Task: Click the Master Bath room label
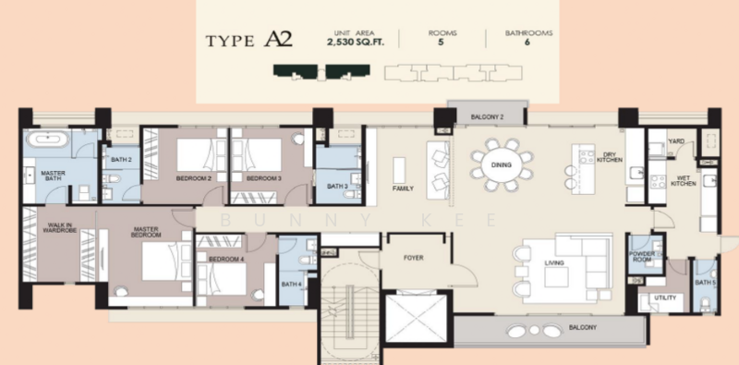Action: click(53, 176)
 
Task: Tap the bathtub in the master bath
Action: click(47, 140)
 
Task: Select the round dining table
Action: click(502, 165)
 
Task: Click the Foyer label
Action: click(413, 258)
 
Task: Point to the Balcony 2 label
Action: click(487, 117)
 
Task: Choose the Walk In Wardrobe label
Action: click(59, 227)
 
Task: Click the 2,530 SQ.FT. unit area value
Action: click(356, 42)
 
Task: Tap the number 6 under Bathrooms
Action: click(527, 42)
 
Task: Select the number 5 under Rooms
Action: click(442, 42)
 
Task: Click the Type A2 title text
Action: click(248, 40)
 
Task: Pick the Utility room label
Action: click(665, 298)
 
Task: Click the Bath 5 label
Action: click(705, 283)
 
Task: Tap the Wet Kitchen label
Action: click(684, 180)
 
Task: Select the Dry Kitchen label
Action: click(610, 157)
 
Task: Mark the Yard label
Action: click(676, 141)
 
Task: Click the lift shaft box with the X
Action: click(416, 318)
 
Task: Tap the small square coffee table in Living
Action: click(556, 277)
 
